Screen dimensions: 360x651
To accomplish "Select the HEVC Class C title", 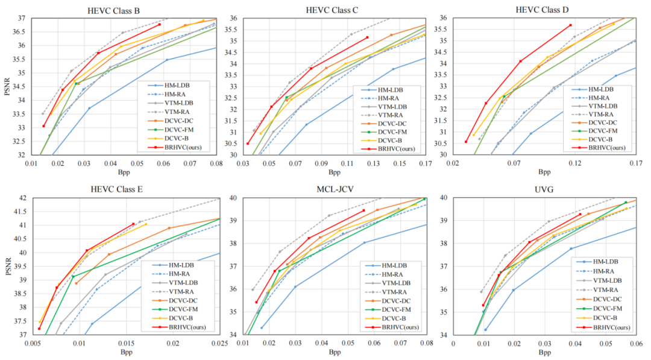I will point(333,10).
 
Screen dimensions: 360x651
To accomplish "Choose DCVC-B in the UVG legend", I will point(605,318).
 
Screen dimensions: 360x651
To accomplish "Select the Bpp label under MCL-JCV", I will point(335,353).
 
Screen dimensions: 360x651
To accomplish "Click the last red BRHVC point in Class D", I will point(570,25).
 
